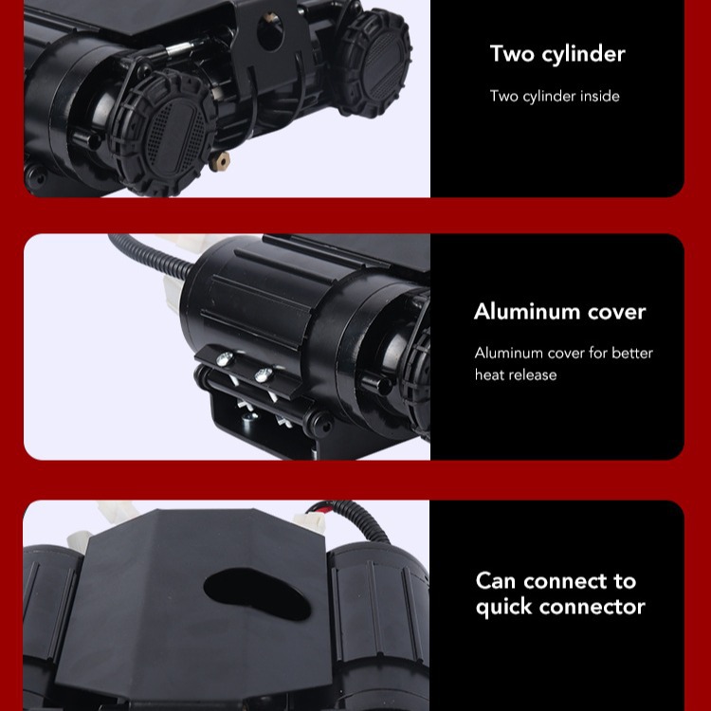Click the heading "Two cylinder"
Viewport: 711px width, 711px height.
tap(557, 54)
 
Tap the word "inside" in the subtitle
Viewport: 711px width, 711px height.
tap(600, 96)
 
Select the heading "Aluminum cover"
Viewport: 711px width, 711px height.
tap(559, 312)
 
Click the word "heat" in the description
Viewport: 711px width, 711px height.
tap(487, 374)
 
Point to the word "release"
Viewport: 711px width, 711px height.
tap(530, 374)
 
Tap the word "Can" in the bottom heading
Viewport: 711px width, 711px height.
tap(496, 581)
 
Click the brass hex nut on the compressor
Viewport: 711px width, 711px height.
tap(220, 161)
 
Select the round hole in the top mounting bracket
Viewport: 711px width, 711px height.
tap(270, 31)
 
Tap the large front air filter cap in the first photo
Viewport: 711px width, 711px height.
tap(164, 133)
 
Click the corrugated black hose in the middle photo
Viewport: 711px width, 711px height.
tap(150, 255)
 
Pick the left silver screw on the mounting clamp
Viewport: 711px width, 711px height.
tap(225, 359)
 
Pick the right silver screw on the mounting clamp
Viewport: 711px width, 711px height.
tap(263, 375)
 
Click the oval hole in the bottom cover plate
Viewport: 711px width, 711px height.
tap(257, 594)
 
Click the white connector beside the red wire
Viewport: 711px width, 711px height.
tap(309, 521)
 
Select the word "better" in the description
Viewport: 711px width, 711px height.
tap(632, 353)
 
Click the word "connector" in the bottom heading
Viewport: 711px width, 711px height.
tap(592, 607)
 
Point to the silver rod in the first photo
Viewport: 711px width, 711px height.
tap(185, 46)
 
